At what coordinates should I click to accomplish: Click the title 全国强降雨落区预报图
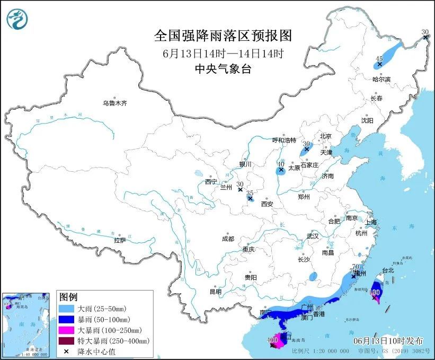(223, 36)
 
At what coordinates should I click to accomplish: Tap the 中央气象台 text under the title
(223, 68)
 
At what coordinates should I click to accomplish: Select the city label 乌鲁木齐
(115, 103)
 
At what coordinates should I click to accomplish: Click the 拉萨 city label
(120, 240)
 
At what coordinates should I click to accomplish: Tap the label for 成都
(228, 239)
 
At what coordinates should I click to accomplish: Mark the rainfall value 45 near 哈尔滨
(379, 59)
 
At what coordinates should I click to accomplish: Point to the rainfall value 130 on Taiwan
(376, 292)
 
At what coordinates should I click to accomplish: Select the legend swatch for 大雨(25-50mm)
(67, 308)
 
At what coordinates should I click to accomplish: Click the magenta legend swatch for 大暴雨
(67, 330)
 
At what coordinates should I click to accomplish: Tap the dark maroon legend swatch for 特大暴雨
(67, 340)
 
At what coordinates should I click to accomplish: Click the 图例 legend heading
(68, 296)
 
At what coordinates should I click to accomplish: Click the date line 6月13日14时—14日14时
(223, 53)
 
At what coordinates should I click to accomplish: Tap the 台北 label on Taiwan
(388, 270)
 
